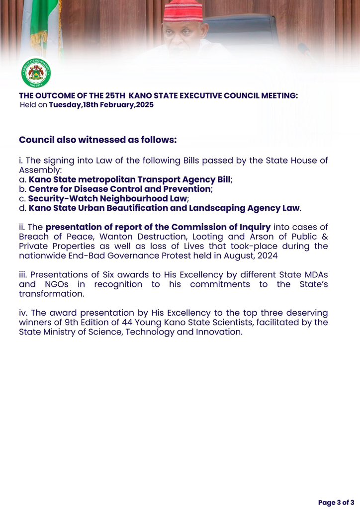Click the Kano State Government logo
(36, 73)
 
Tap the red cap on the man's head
(183, 11)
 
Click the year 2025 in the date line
(144, 105)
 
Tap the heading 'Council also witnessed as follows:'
(97, 140)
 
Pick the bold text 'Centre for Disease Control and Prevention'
(119, 189)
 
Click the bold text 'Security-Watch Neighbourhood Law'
(107, 198)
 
